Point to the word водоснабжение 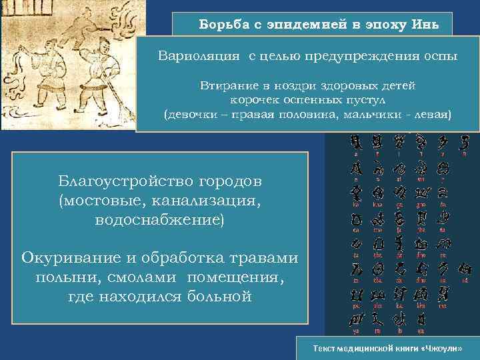160,219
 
